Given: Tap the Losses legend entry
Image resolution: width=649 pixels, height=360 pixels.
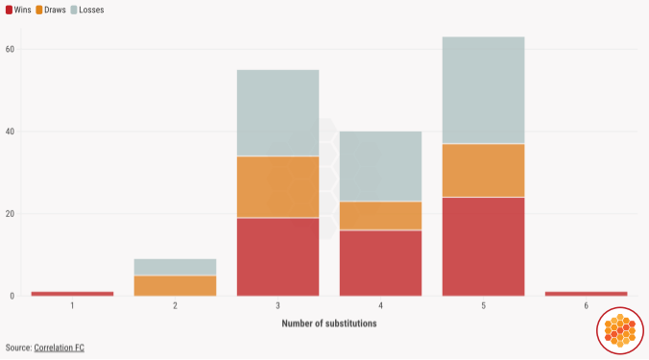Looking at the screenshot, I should pos(91,10).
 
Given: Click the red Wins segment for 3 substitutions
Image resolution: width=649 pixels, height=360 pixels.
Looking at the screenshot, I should pos(277,256).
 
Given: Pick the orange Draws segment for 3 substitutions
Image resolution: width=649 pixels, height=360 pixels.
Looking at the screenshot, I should pos(277,187).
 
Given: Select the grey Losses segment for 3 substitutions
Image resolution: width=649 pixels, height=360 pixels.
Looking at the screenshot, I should pos(277,113).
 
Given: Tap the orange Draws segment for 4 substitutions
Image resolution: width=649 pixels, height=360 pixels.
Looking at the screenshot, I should pos(380,215).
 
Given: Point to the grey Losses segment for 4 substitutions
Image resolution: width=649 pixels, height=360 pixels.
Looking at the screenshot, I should pos(380,166).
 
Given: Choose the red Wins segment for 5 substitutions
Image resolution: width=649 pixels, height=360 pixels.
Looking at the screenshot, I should pos(483,246).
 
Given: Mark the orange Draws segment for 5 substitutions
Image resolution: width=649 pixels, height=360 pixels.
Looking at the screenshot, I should pos(483,170).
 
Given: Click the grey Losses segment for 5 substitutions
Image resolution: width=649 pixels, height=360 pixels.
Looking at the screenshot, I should pos(483,90).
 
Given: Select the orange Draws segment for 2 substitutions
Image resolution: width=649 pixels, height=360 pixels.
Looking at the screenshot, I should pos(175,285).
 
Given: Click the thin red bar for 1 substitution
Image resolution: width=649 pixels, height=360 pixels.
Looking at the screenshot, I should pos(72,293).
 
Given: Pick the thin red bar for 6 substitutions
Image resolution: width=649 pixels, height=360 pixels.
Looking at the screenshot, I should pos(586,293).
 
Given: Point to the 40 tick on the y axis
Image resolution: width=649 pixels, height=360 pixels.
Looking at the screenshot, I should pos(10,132).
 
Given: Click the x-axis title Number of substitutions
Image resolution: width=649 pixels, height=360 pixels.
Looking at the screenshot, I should pos(328,324).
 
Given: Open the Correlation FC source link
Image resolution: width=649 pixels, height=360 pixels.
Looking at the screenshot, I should pos(59,347).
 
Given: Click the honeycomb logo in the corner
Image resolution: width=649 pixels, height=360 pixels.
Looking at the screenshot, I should pos(620,331).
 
